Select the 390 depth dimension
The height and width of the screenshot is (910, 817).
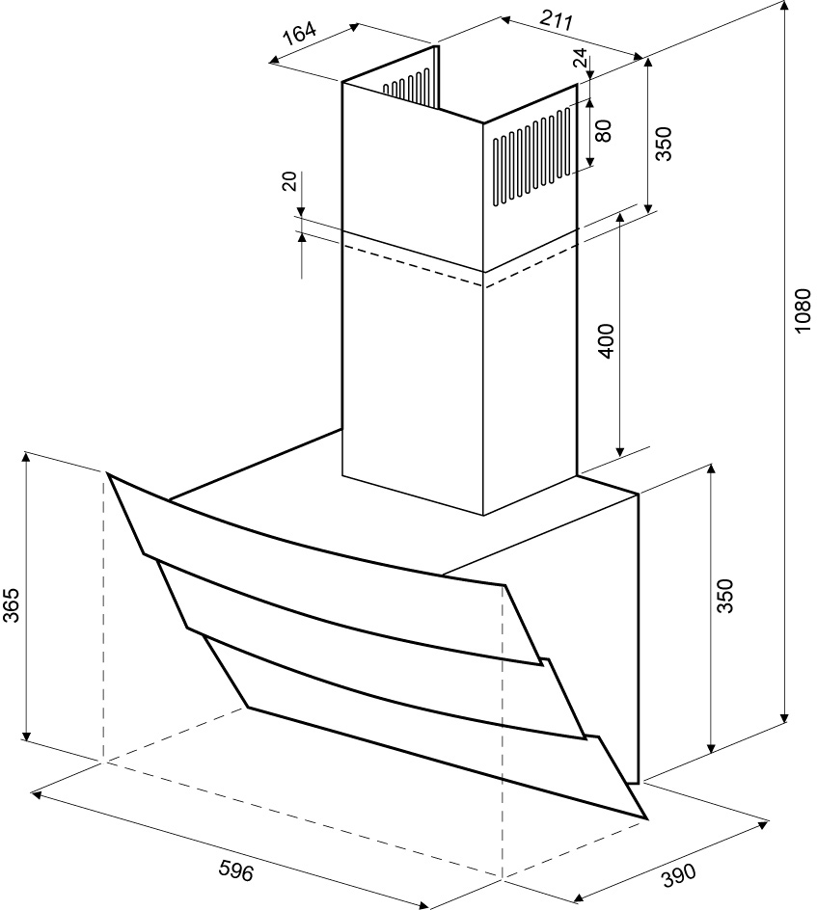678,875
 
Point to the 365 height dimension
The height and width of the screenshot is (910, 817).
11,604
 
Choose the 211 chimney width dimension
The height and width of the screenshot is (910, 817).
557,20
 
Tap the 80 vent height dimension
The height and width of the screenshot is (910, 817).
604,130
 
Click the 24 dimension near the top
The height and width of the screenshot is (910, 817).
581,58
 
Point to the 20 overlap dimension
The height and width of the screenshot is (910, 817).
289,181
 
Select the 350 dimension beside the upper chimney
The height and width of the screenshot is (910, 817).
663,144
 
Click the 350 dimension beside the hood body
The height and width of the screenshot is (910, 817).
725,595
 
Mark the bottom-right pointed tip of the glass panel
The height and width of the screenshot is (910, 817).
646,818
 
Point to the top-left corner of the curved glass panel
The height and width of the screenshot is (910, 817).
107,473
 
